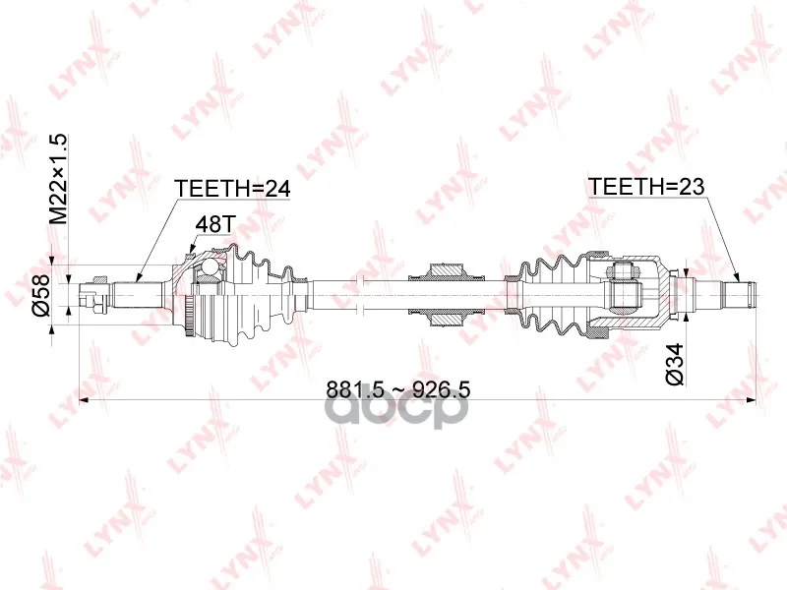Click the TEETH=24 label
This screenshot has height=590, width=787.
[232, 189]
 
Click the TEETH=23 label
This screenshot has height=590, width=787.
[646, 187]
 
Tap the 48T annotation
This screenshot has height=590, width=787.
[214, 224]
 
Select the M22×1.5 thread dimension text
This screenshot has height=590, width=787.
[58, 179]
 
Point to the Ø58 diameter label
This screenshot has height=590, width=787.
[41, 294]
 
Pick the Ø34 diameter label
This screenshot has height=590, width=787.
[676, 364]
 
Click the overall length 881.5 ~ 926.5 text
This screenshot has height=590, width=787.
[398, 389]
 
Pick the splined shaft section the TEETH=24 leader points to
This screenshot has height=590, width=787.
[138, 294]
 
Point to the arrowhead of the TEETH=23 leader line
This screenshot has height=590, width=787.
[738, 277]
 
